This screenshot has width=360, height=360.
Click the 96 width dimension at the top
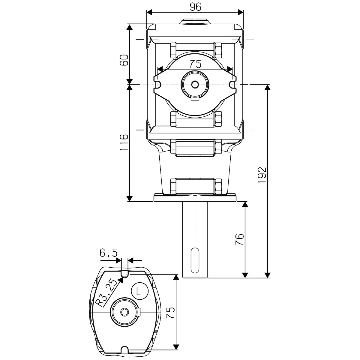click(195, 7)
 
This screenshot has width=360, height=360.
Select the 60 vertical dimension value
click(124, 60)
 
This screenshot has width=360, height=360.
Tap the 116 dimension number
click(124, 142)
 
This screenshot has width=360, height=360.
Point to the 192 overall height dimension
click(262, 175)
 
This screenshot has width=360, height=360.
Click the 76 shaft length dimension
click(239, 239)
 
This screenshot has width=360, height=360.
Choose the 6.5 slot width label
click(109, 253)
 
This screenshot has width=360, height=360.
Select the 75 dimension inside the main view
click(195, 64)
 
